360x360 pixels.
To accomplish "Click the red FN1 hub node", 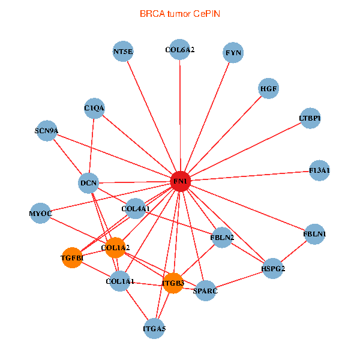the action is [x=181, y=181].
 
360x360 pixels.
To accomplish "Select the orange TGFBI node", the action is [x=72, y=257].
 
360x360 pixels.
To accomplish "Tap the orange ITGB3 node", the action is [x=173, y=283].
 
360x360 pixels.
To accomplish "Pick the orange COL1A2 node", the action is [x=115, y=247].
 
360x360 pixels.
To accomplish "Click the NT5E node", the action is [x=123, y=52].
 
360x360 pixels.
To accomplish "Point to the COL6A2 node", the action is [x=180, y=50].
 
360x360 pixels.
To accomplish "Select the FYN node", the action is [x=233, y=53].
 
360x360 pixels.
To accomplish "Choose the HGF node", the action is [x=268, y=89].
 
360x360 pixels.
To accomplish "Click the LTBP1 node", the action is [x=310, y=118].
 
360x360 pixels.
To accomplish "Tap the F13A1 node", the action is [x=319, y=170].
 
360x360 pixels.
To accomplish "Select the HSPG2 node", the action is [x=273, y=268].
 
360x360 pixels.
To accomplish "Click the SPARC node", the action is [x=205, y=291].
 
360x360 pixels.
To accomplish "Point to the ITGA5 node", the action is [x=154, y=328].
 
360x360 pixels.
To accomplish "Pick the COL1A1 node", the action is [x=120, y=281].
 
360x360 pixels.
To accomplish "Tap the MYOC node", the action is [x=41, y=214].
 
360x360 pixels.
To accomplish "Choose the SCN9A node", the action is [x=47, y=131].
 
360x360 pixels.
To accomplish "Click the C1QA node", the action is [x=95, y=108].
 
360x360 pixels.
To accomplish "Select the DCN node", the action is [x=89, y=182].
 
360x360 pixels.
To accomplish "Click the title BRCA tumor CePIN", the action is [x=179, y=13].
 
